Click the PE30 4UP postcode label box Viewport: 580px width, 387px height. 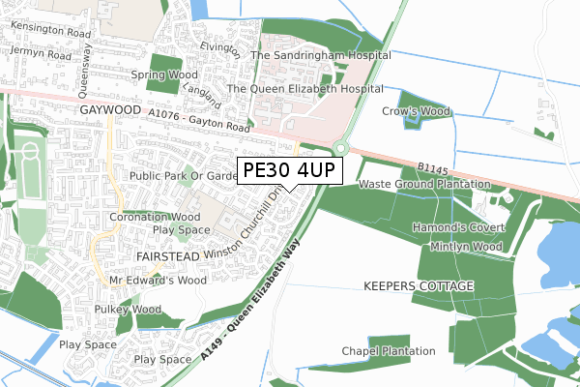click(289, 170)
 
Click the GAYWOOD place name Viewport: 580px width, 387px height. click(109, 112)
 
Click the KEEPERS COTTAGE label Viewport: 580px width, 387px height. click(419, 287)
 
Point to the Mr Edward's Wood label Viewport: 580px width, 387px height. click(159, 281)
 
